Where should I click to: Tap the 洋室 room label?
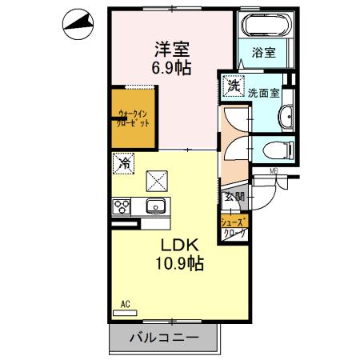172,47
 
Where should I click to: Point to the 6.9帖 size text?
172,67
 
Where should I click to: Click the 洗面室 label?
263,92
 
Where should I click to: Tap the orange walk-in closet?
133,120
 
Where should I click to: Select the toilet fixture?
272,149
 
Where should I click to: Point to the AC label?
126,304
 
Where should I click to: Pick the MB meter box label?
273,170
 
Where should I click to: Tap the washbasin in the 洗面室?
286,118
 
